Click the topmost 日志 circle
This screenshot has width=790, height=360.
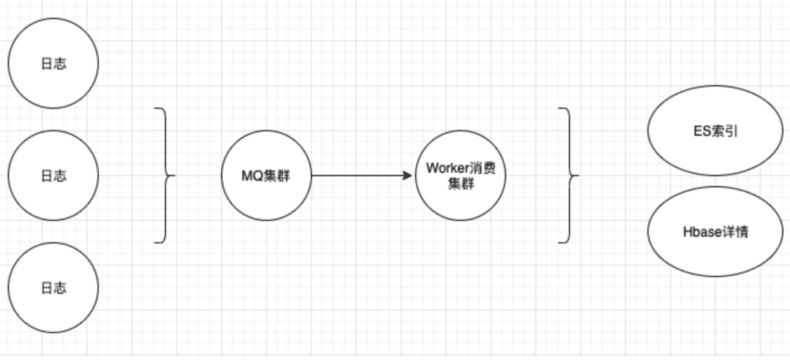tap(53, 64)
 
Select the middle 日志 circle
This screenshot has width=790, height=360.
tap(53, 176)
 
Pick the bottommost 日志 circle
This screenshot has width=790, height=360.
tap(53, 288)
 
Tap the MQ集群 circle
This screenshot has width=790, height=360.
tap(266, 176)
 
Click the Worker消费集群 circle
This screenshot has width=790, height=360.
tap(461, 176)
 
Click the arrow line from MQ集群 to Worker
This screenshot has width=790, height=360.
tap(358, 176)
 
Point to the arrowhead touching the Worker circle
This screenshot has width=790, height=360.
tap(409, 176)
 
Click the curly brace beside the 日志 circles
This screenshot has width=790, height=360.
tap(168, 176)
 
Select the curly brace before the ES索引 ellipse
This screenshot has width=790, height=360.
tap(571, 176)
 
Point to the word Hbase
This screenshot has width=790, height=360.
tap(699, 232)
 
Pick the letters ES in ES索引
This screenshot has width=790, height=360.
tap(701, 132)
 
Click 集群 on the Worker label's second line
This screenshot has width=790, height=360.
tap(461, 184)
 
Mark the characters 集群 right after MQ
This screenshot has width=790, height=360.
tap(277, 176)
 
